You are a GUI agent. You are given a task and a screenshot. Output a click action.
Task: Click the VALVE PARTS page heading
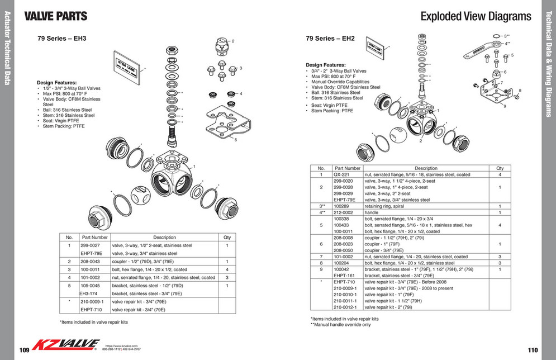pos(56,16)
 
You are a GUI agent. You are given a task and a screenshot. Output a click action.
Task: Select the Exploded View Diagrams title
pos(476,16)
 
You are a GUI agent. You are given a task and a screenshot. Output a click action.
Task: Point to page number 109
pos(24,350)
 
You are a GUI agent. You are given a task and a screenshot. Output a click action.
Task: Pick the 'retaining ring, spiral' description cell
pos(386,206)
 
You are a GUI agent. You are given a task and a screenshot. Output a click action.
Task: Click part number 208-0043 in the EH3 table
pos(91,261)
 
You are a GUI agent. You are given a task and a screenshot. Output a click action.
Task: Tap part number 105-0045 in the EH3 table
pos(91,285)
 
